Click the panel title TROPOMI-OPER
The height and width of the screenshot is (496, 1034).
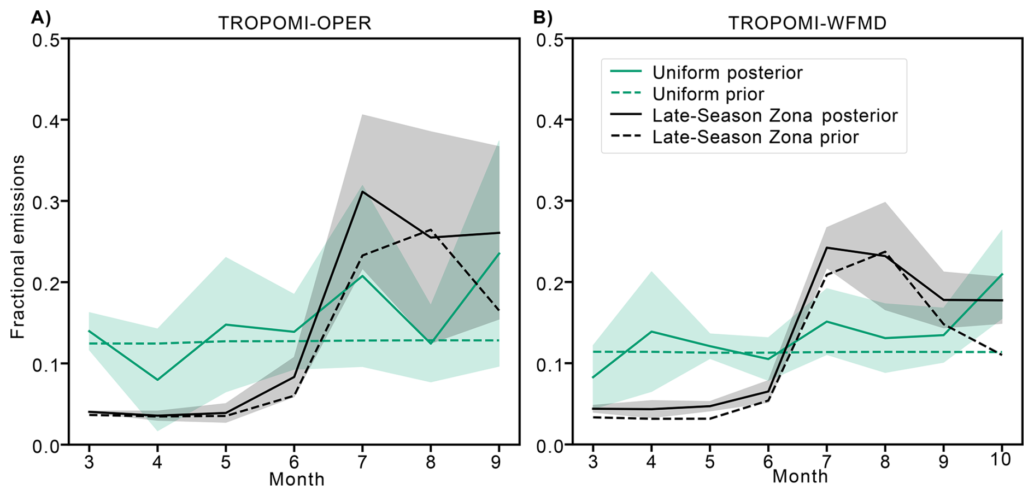[x=295, y=23]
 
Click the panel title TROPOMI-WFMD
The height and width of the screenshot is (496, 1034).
[x=807, y=23]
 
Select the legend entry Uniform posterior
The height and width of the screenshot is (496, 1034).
[x=727, y=73]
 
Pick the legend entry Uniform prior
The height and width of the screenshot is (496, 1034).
[x=708, y=94]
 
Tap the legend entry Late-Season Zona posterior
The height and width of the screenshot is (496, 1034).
[x=774, y=116]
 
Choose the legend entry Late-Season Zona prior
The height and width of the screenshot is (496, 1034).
[x=755, y=137]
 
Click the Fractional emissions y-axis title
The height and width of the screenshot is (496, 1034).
[x=18, y=246]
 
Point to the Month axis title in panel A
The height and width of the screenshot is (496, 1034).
[x=297, y=480]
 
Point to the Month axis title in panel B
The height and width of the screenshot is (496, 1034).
[x=800, y=476]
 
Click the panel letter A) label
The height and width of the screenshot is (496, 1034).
[x=41, y=18]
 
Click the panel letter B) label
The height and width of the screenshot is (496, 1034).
[x=543, y=18]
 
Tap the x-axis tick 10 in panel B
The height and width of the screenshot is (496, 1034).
[x=1001, y=460]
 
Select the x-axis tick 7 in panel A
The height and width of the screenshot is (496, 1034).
[x=362, y=463]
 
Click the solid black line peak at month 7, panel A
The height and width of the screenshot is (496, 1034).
[x=362, y=191]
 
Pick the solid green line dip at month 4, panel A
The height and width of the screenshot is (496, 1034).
[x=157, y=380]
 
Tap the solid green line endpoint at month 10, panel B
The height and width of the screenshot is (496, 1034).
[x=1002, y=274]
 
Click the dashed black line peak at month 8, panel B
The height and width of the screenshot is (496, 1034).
[x=885, y=252]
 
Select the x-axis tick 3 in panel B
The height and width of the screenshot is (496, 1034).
[x=593, y=463]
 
